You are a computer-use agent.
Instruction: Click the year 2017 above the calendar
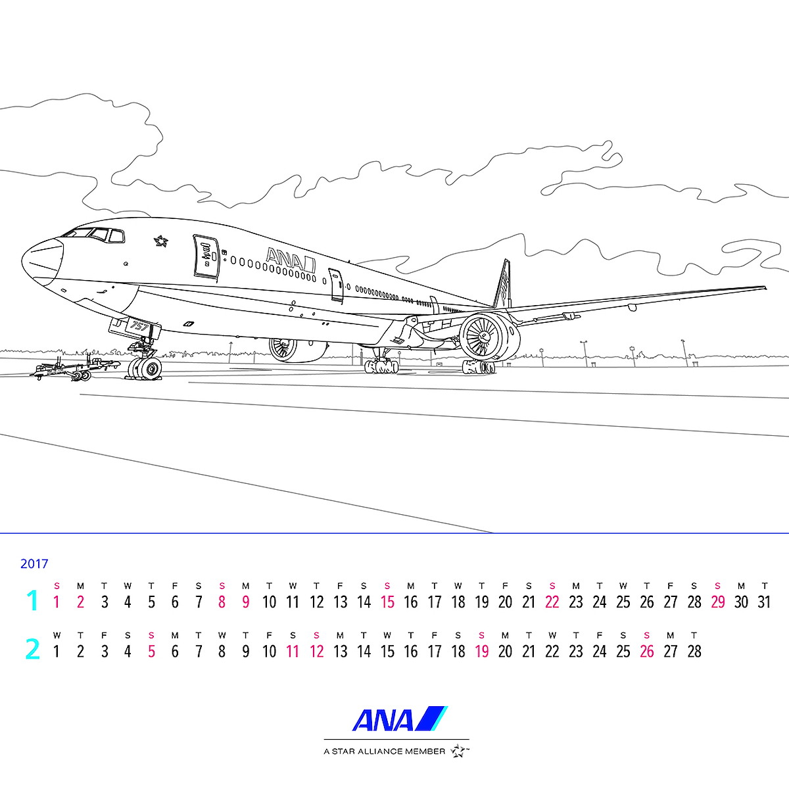34,563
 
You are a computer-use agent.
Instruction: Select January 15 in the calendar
387,602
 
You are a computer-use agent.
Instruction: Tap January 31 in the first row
765,602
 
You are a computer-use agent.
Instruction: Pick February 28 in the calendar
694,652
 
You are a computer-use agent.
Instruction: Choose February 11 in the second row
293,652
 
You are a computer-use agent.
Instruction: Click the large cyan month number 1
32,601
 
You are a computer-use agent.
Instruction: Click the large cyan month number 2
32,650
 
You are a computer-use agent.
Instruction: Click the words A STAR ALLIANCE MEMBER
384,752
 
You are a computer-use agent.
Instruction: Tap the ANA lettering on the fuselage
291,260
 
